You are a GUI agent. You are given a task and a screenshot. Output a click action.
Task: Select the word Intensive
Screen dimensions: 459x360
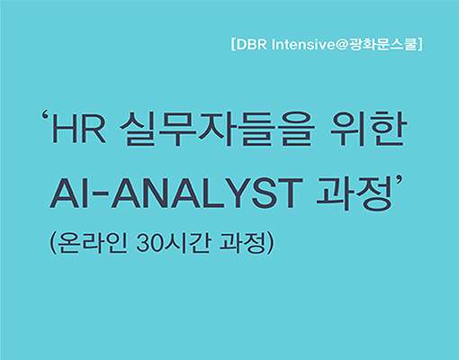click(x=303, y=45)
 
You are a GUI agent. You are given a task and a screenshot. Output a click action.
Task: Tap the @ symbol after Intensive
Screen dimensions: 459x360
click(x=341, y=45)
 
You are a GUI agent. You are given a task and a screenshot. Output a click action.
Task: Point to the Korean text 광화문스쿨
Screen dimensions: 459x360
click(x=383, y=44)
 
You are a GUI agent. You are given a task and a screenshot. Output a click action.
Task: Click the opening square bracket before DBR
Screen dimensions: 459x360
click(x=233, y=44)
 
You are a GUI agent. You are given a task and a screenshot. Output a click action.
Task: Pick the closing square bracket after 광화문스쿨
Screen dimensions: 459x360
click(x=420, y=44)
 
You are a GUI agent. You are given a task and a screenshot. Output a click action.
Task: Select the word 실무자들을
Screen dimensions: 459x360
click(x=217, y=129)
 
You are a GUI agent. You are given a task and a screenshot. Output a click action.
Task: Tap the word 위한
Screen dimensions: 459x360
click(x=369, y=129)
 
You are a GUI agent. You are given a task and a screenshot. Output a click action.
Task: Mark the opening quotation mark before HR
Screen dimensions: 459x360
click(x=46, y=117)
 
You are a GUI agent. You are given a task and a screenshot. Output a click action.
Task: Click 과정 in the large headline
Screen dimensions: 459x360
click(x=355, y=193)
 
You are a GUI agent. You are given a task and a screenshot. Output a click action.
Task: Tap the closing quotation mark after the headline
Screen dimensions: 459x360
click(x=399, y=181)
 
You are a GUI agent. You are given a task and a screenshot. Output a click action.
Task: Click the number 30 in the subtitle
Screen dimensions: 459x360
click(x=150, y=243)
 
